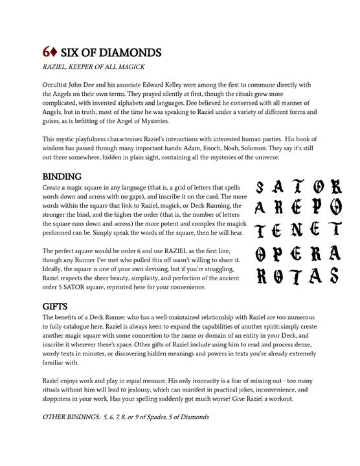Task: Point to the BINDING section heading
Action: click(x=62, y=176)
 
